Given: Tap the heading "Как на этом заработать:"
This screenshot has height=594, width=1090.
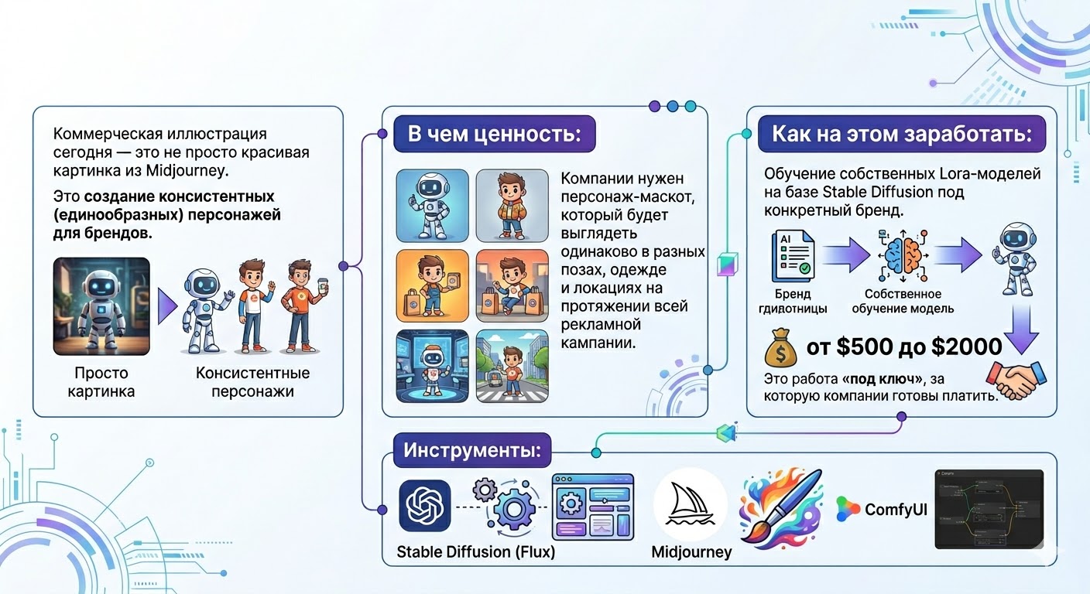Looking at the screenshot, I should pos(901,134).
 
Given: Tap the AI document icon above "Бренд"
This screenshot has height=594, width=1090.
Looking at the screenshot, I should pos(792,252).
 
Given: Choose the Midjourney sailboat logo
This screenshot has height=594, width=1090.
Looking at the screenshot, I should pos(690,504).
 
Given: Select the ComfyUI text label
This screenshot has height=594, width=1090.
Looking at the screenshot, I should pos(896,509).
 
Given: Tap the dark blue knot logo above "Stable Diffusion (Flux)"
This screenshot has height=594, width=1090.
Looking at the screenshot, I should pos(424,506).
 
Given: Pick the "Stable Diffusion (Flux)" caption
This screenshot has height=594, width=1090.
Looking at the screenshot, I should pos(475,552).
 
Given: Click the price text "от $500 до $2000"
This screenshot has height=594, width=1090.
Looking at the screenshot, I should pos(903,346).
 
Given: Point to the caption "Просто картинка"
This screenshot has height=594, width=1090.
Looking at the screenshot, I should pos(100,382).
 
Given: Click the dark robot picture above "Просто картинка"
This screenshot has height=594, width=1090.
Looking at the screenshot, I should pos(101,306).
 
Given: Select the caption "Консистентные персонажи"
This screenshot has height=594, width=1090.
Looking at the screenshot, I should pos(252,382).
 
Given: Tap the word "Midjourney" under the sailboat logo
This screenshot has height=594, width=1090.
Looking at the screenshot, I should pos(691,552).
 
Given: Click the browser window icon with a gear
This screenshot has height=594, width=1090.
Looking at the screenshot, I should pos(592,507).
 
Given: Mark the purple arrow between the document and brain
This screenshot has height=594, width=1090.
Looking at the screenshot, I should pos(846,253).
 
